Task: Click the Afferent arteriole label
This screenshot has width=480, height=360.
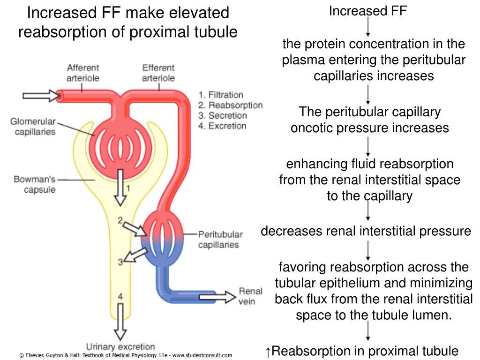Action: [x=82, y=73]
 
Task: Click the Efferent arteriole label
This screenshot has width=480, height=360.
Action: [x=158, y=73]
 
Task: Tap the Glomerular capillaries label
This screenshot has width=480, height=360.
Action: [x=33, y=127]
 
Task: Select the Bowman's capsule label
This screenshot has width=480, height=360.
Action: [x=35, y=184]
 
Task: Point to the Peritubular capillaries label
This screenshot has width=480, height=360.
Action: [x=220, y=240]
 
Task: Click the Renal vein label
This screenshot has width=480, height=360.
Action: [x=250, y=296]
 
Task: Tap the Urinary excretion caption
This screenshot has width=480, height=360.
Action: [x=120, y=346]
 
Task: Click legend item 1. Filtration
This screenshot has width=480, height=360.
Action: [x=221, y=95]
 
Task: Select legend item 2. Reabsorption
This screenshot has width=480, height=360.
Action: [x=230, y=105]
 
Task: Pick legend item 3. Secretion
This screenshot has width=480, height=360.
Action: [x=222, y=116]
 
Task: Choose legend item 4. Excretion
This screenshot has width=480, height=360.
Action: [x=222, y=126]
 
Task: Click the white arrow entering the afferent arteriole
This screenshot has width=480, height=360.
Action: [x=42, y=96]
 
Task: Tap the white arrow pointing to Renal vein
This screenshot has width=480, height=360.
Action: [x=217, y=297]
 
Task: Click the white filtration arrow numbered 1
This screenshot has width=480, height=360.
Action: [x=120, y=187]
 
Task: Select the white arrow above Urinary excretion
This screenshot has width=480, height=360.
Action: [x=120, y=322]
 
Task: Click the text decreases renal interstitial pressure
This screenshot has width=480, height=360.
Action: [x=366, y=231]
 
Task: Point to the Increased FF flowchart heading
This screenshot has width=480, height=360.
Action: [x=368, y=11]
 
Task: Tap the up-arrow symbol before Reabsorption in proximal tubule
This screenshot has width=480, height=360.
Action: [x=268, y=352]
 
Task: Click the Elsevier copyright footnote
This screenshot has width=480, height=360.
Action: [x=126, y=355]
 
